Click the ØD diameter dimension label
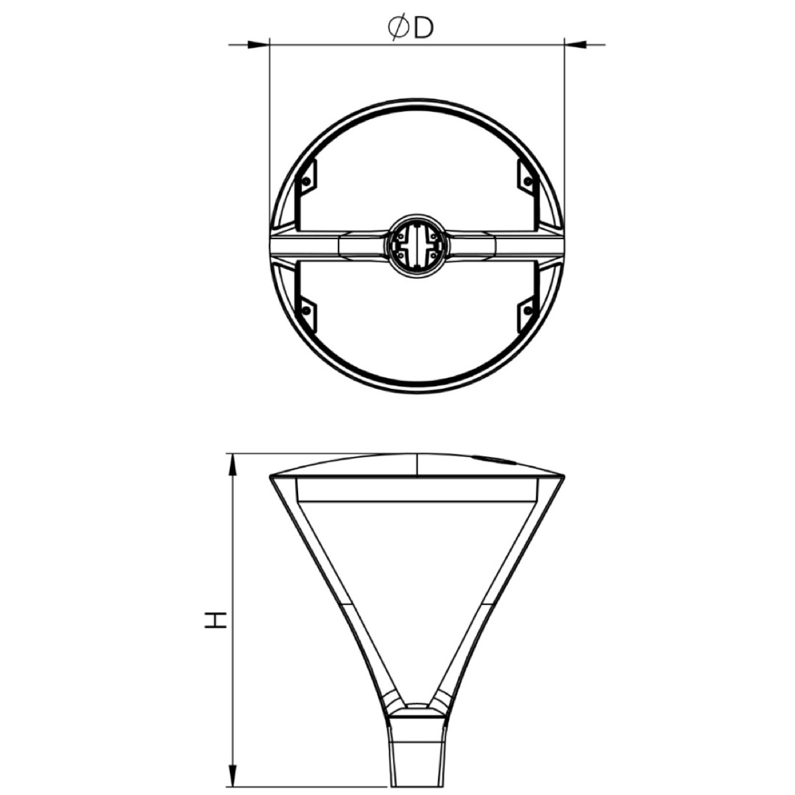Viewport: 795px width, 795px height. pos(410,28)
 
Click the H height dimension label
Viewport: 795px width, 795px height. pos(215,619)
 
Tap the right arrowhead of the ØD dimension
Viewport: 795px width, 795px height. pos(574,45)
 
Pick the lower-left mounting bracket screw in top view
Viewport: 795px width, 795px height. pos(305,309)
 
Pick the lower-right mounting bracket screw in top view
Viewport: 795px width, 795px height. pos(528,309)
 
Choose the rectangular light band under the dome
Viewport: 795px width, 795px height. pos(417,491)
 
